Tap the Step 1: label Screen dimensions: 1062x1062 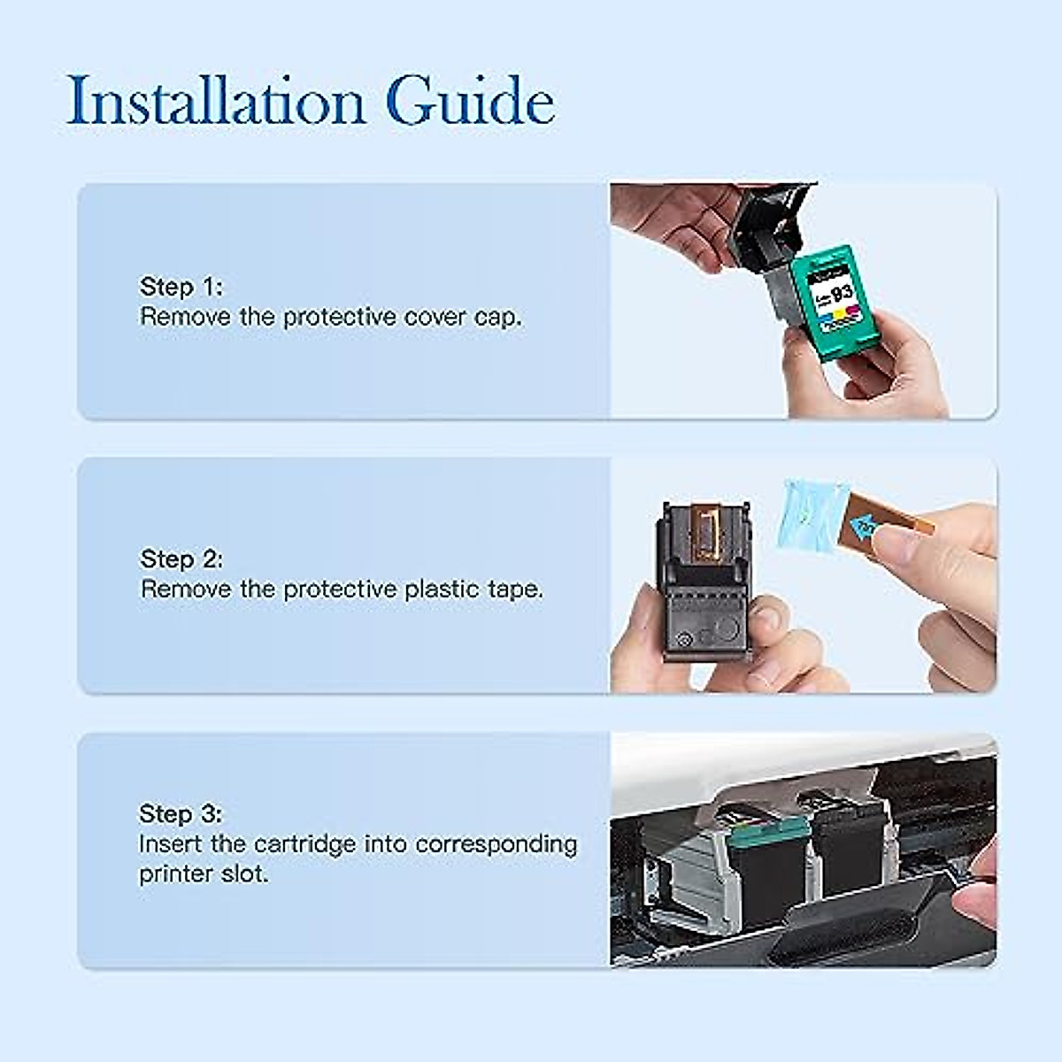[181, 287]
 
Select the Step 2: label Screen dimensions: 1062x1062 [181, 559]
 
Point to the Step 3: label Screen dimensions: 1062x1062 [181, 814]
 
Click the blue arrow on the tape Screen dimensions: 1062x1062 [863, 527]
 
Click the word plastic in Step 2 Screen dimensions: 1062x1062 [442, 589]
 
